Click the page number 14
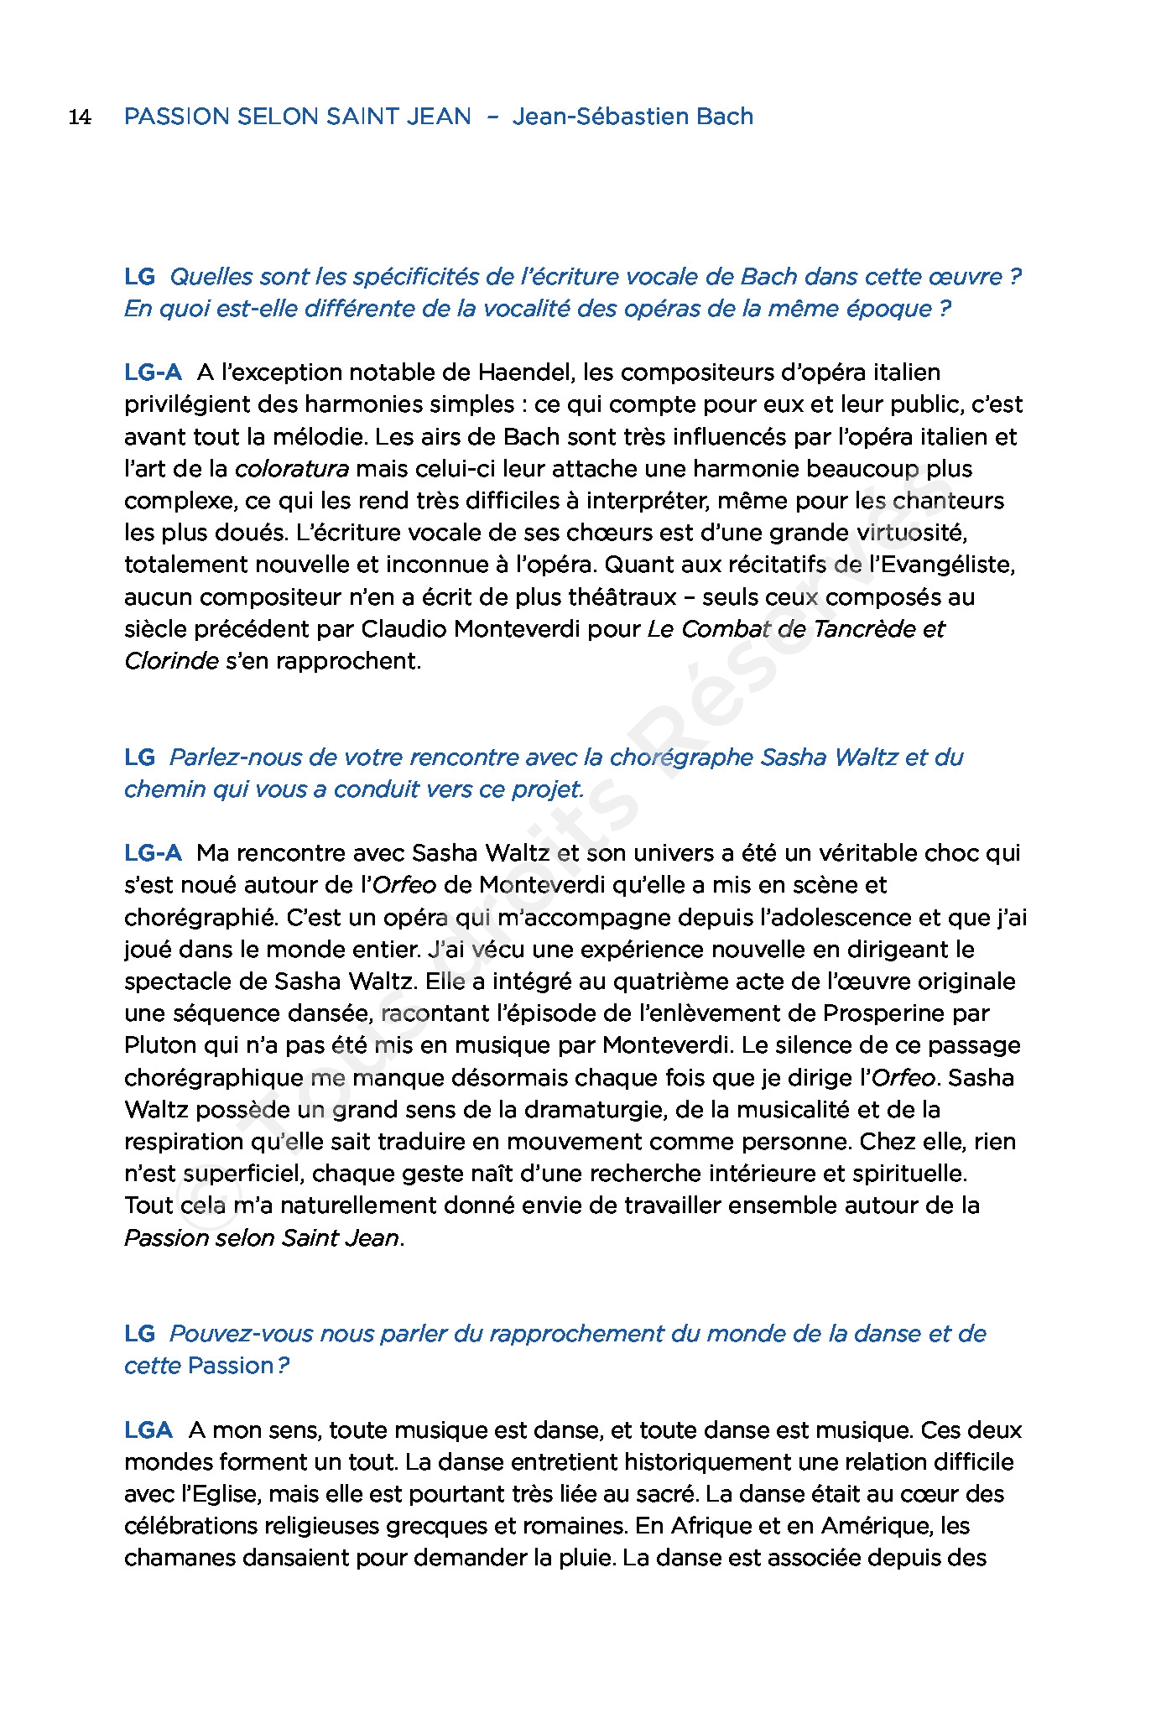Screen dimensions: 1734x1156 (x=80, y=117)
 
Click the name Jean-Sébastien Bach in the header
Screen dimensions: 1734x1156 (x=633, y=116)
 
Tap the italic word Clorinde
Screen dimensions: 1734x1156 (x=171, y=661)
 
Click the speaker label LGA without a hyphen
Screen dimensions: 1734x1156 (x=148, y=1429)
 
